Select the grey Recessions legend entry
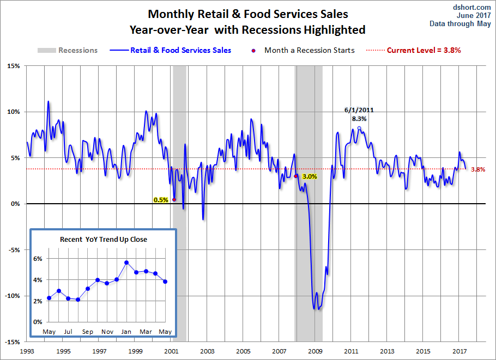[x=68, y=50]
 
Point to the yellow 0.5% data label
[x=161, y=200]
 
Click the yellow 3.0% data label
[x=309, y=176]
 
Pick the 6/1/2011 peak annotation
[x=359, y=110]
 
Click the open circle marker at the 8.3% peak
[x=359, y=129]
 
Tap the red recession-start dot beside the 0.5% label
[x=174, y=199]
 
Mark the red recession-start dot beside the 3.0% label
[x=296, y=176]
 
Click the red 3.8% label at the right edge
[x=478, y=169]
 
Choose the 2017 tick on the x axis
[x=459, y=351]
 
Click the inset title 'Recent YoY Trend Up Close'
[x=103, y=239]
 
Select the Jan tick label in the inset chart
[x=126, y=332]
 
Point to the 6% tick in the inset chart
[x=38, y=259]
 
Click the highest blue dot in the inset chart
[x=126, y=263]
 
